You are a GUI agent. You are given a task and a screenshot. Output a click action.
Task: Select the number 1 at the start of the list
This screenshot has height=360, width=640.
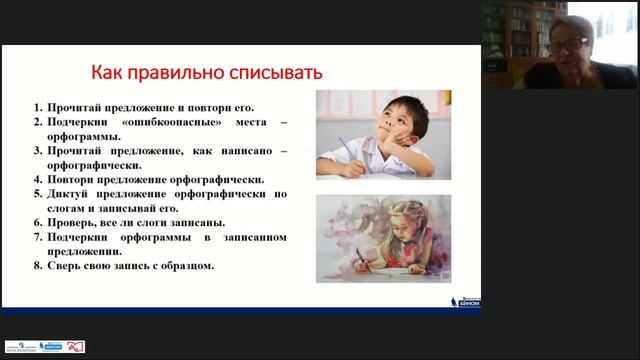pyautogui.click(x=36, y=105)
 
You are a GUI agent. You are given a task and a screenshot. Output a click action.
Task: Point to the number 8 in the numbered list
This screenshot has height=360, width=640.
pyautogui.click(x=36, y=266)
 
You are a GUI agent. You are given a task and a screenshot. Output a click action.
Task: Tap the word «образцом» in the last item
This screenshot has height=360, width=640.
pyautogui.click(x=190, y=266)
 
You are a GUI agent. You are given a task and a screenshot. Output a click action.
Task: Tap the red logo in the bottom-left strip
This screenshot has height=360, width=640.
pyautogui.click(x=76, y=346)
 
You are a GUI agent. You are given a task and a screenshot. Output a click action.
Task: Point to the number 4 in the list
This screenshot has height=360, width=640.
pyautogui.click(x=36, y=178)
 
